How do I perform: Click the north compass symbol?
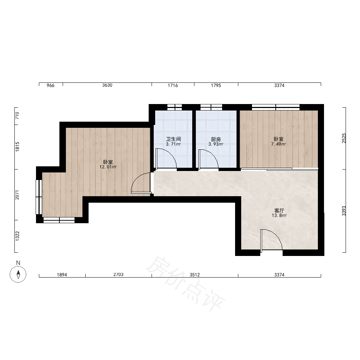pos(18,274)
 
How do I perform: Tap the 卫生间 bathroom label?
pos(174,139)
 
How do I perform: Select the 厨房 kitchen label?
pos(216,139)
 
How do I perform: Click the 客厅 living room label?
pos(279,210)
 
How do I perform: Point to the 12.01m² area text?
pos(108,167)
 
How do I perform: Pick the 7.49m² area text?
pos(278,144)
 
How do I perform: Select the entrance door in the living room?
pos(271,239)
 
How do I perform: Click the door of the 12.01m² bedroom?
pos(140,183)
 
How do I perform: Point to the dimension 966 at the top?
pos(50,85)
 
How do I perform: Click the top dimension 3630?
pos(107,85)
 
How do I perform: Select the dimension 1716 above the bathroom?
pos(173,85)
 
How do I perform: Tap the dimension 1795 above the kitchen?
pos(216,85)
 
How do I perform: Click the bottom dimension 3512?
pos(195,275)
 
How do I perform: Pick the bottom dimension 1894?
pos(62,275)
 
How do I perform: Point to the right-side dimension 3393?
pos(344,211)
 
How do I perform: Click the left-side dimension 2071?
pos(17,195)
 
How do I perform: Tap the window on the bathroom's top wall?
pos(175,107)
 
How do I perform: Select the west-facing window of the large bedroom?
pos(39,197)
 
